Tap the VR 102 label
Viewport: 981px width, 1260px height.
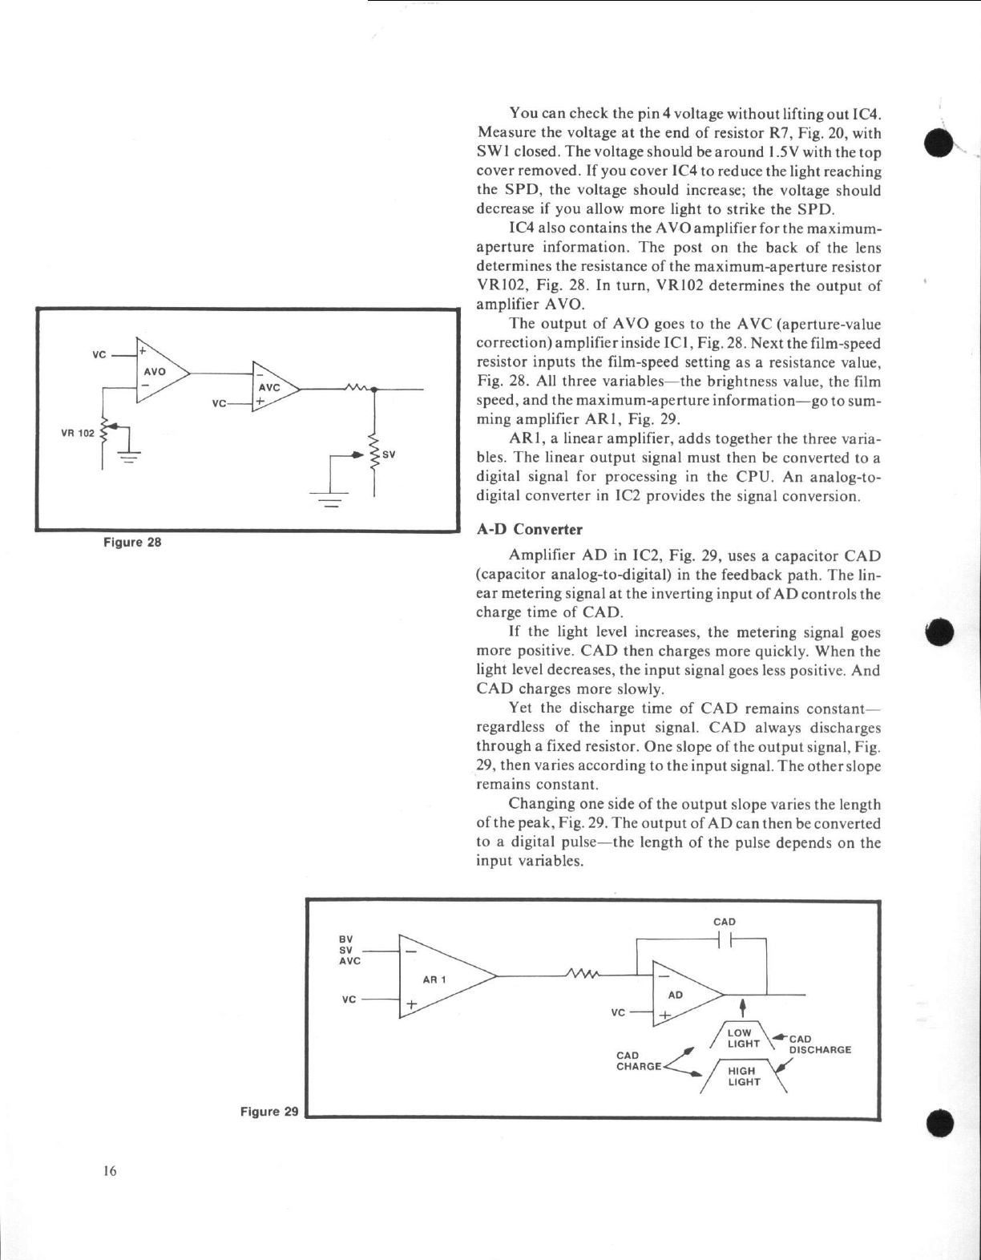[x=78, y=433]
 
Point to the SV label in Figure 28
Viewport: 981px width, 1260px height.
[x=390, y=454]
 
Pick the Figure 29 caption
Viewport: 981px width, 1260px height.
[x=269, y=1111]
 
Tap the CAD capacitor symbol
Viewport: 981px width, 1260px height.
[x=725, y=939]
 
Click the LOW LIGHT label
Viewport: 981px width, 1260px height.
[x=743, y=1038]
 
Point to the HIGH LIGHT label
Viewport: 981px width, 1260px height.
[x=743, y=1076]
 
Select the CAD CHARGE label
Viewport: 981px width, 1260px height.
[x=639, y=1060]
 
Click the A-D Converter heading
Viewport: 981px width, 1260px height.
[x=529, y=529]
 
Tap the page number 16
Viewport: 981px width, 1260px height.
[x=109, y=1171]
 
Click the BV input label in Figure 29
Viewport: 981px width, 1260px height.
[x=346, y=938]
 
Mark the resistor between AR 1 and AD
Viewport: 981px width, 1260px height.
[x=582, y=975]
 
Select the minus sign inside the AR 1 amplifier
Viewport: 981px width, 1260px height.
[x=411, y=951]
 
